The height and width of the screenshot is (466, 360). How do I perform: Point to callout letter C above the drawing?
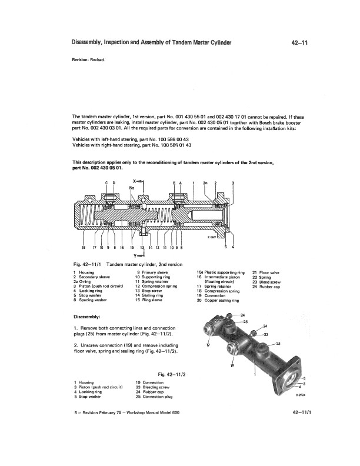[x=106, y=184]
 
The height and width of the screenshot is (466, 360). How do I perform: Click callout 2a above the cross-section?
[x=205, y=184]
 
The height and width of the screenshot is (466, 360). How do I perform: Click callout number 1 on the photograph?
[x=254, y=373]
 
